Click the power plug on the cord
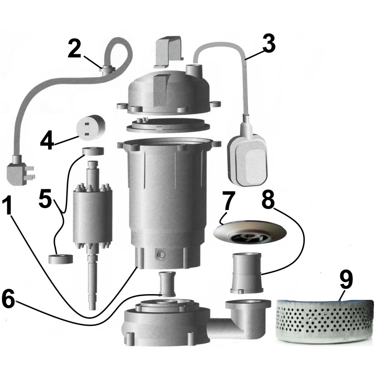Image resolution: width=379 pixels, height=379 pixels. [19, 173]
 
